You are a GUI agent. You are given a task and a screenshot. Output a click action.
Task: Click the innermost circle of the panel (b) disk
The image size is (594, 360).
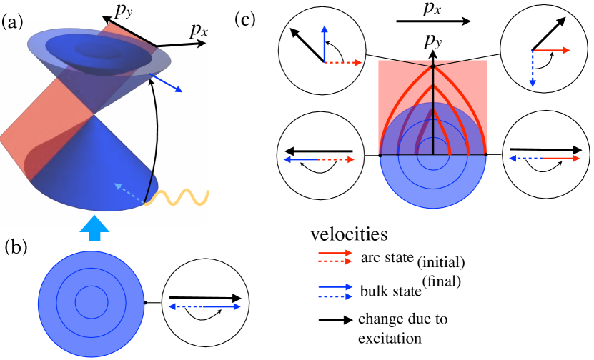point(89,299)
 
